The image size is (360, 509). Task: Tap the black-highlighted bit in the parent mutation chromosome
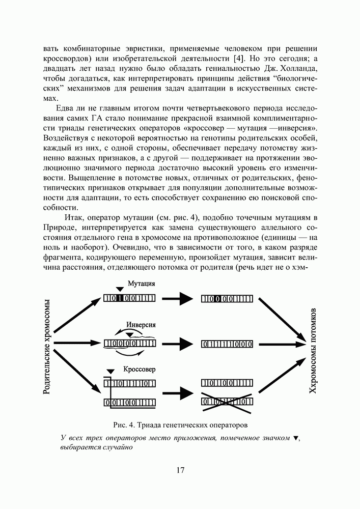pos(119,299)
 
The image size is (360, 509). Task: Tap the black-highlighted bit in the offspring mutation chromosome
pos(217,299)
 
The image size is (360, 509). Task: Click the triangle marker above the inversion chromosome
pos(130,334)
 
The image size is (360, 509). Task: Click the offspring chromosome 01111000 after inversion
pos(227,344)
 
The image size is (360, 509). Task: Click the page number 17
pos(180,470)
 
